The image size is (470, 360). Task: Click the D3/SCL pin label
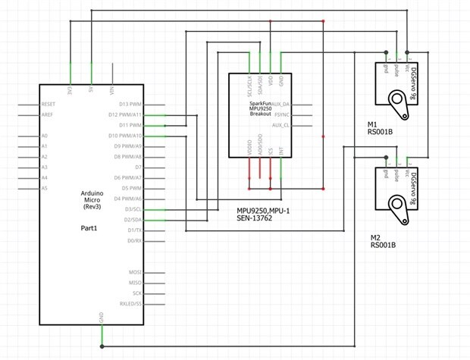(133, 208)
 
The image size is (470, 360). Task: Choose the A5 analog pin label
(45, 187)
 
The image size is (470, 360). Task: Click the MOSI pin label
(135, 271)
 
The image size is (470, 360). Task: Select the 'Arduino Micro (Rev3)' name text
(92, 202)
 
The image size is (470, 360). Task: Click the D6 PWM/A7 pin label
(127, 177)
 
